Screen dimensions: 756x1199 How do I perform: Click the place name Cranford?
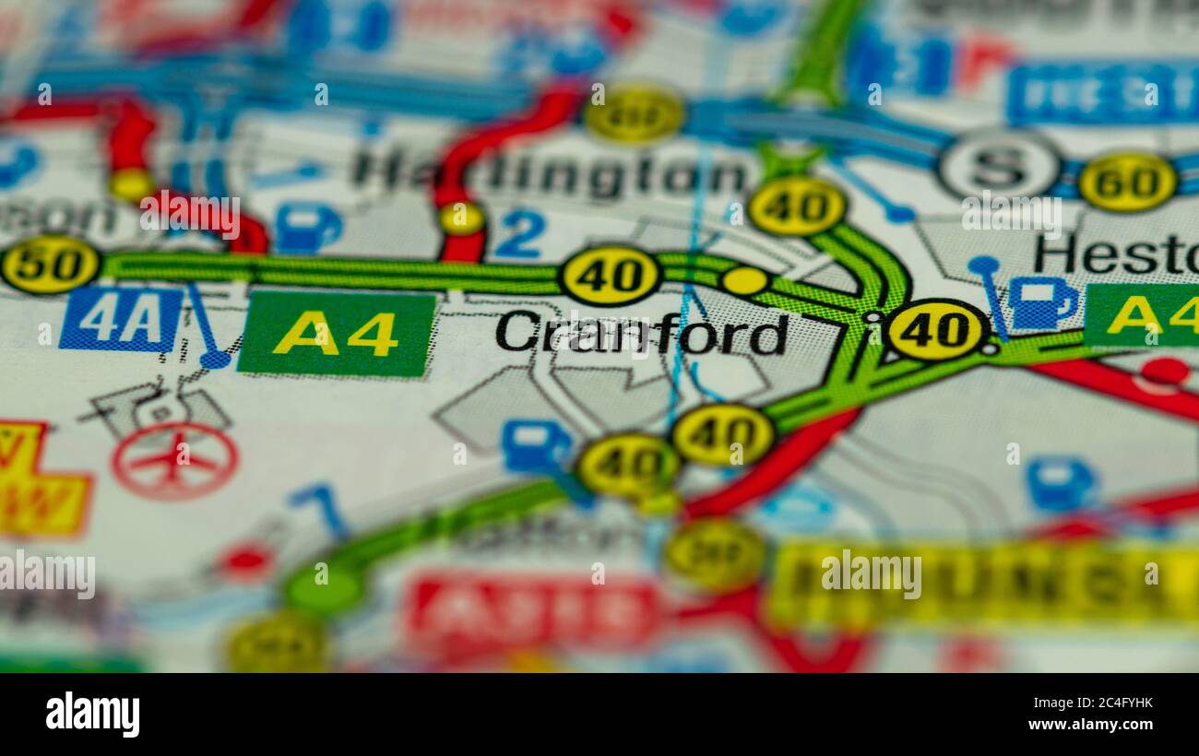tap(641, 333)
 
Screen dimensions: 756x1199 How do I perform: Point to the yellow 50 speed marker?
tap(50, 265)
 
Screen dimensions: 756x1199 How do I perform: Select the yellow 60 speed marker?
tap(1127, 182)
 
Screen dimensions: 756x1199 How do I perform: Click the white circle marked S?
tap(999, 166)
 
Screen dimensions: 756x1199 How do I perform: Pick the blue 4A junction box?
tap(120, 319)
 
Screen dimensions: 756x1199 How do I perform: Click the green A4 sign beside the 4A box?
tap(336, 334)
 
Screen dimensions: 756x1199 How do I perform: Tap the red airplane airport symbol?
tap(174, 460)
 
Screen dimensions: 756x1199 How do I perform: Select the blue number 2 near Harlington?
tap(519, 234)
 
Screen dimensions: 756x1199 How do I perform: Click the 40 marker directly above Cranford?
tap(610, 275)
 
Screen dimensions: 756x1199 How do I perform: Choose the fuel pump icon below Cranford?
tap(535, 446)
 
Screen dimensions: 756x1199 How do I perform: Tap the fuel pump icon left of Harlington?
tap(307, 228)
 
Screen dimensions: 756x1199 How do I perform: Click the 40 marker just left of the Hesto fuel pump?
tap(935, 329)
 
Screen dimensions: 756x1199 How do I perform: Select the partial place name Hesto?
tap(1115, 254)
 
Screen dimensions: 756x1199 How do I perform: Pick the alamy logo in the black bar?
tap(92, 715)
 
